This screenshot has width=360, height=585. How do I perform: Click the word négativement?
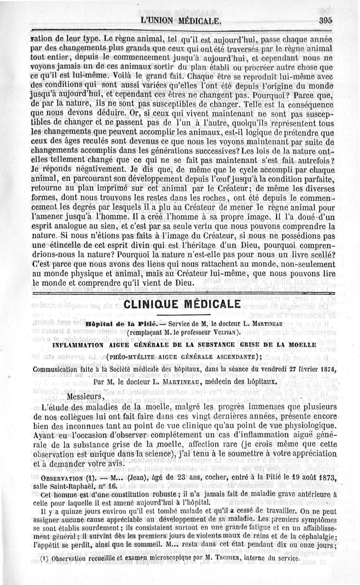tap(97, 170)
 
